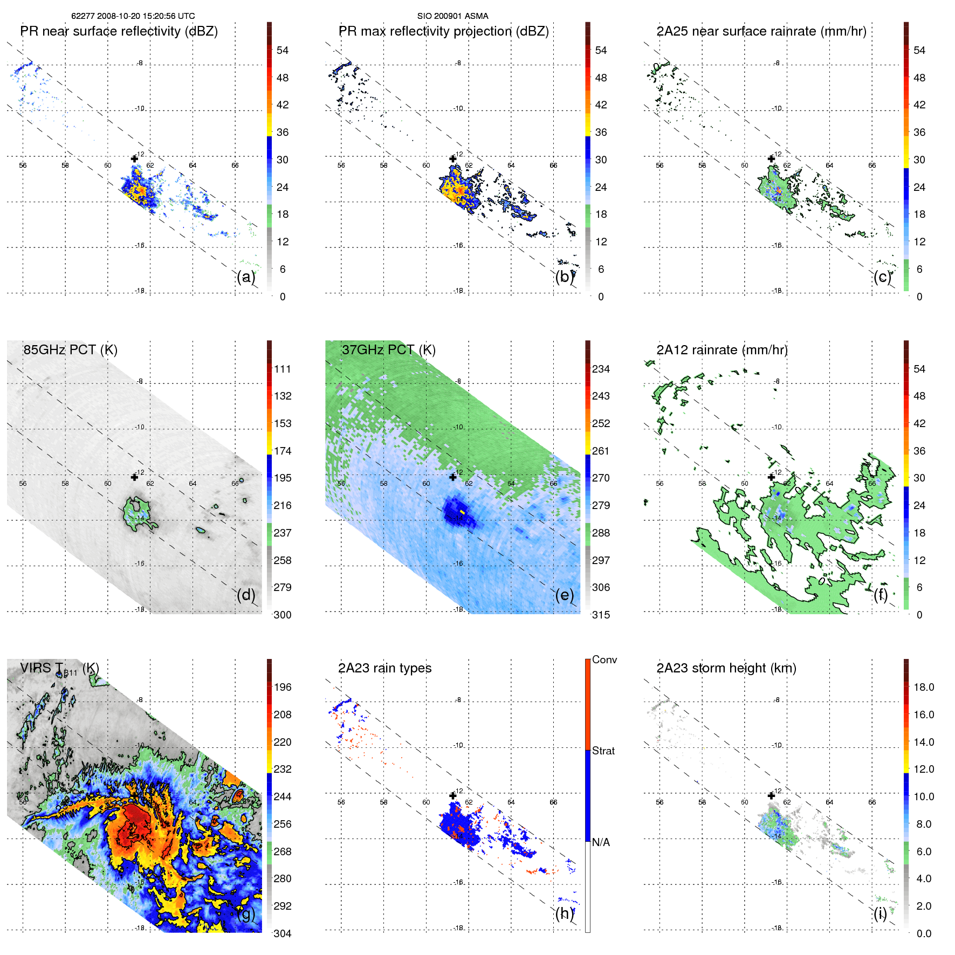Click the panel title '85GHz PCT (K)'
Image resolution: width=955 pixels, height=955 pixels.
coord(70,349)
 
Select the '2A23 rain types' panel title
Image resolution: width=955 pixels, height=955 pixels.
coord(384,668)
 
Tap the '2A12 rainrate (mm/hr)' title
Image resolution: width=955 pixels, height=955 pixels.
coord(722,349)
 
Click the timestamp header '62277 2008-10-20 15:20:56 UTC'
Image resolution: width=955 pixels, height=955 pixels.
coord(133,16)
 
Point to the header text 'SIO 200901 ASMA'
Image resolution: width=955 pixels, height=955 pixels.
coord(452,16)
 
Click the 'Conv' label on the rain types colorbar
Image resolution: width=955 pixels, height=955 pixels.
coord(604,659)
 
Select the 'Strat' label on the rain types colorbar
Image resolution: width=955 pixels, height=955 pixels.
coord(603,751)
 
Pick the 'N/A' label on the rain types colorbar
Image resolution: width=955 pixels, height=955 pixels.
coord(601,842)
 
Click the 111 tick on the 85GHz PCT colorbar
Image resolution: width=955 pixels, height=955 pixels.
coord(282,369)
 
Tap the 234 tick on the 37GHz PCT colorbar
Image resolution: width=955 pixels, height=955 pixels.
coord(601,369)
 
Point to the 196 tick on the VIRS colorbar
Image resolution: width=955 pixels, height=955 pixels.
coord(282,687)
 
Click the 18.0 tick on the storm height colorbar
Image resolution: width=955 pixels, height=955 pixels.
coord(923,687)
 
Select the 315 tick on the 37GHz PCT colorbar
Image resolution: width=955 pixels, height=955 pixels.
coord(601,615)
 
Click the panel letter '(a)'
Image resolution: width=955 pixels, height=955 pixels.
coord(246,277)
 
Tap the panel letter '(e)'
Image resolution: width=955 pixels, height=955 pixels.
coord(565,595)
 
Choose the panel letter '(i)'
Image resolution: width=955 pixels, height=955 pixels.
coord(880,913)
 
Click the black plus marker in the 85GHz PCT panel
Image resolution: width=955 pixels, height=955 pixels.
coord(134,477)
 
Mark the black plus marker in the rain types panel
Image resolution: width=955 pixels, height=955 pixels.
coord(453,795)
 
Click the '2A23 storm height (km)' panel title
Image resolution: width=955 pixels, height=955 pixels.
coord(726,668)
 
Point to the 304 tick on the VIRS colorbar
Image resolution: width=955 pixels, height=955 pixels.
coord(282,933)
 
